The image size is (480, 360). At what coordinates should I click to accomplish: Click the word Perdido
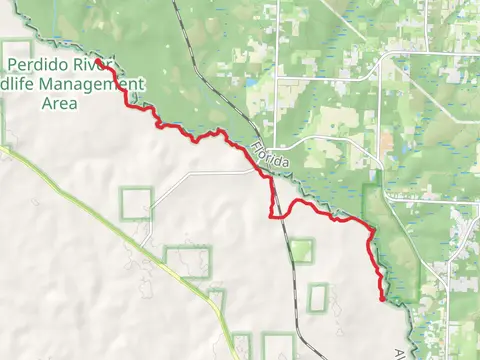click(44, 66)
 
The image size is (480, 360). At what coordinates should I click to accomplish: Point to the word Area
click(62, 102)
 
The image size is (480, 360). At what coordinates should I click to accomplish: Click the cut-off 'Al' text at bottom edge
click(402, 355)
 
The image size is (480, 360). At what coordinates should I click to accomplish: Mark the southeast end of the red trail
click(384, 298)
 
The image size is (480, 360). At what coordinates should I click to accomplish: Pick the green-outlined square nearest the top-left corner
click(16, 55)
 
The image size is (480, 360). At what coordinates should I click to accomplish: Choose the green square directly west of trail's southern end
click(318, 296)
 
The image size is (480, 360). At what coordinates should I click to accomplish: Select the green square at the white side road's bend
click(136, 203)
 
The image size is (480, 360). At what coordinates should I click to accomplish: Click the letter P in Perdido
click(11, 66)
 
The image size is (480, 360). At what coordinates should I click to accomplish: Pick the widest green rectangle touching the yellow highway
click(188, 262)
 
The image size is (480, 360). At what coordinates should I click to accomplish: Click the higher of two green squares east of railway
click(301, 251)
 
